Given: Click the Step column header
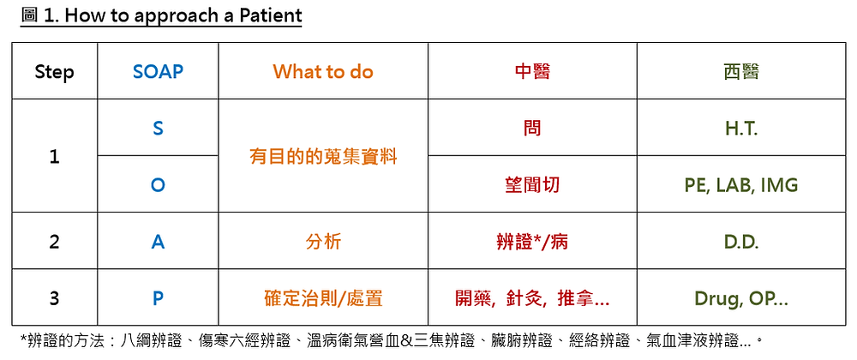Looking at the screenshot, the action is pos(54,72).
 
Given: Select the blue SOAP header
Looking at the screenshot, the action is pos(158,71).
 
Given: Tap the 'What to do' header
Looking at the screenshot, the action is pos(323,71).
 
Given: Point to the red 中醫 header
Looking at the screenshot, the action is pos(532,71).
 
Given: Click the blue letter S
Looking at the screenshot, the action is pos(158,129).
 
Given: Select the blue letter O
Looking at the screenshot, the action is pos(158,185).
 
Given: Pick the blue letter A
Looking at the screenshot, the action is pos(158,242).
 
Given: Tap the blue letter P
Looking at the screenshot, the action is pos(158,299).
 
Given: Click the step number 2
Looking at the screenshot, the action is pos(54,242).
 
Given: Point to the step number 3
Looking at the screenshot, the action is pos(54,299).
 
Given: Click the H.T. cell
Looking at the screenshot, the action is pos(741,129).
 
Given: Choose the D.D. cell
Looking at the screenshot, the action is pos(741,243).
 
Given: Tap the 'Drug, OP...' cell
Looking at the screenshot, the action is pos(741,299).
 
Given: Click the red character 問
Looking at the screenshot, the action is pos(532,129).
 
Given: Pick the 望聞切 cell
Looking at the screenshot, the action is pos(532,185).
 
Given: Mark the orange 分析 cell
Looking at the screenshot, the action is pos(323,242).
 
